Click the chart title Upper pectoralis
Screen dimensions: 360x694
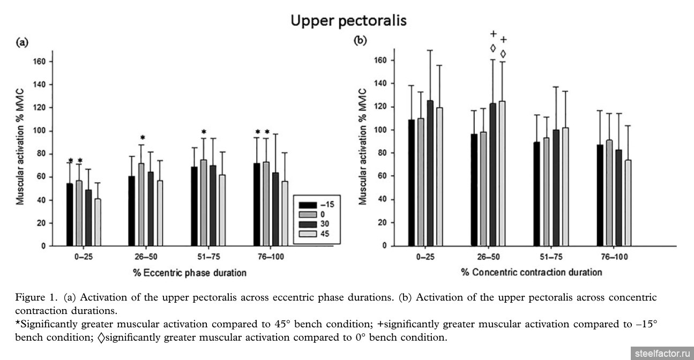[x=349, y=20]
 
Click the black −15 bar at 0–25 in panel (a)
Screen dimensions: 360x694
[x=70, y=214]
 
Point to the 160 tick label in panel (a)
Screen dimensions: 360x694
[x=40, y=62]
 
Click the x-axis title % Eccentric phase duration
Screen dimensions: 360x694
[x=190, y=273]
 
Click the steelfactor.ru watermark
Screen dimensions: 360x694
[x=662, y=354]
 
